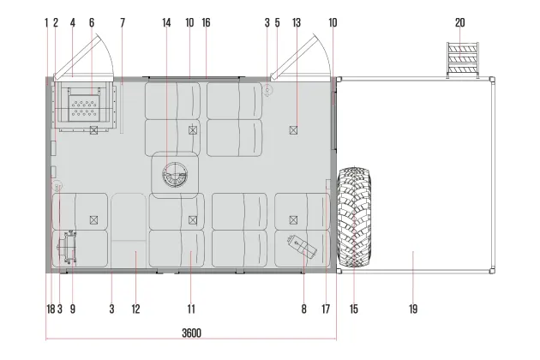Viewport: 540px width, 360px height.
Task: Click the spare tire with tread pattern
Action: click(x=354, y=217)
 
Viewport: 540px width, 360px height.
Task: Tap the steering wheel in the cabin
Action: click(x=175, y=175)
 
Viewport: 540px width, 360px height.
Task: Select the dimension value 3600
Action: click(x=191, y=333)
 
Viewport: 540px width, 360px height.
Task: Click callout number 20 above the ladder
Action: click(x=459, y=23)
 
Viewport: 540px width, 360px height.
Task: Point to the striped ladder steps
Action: click(x=463, y=60)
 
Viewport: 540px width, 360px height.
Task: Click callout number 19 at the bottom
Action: click(x=413, y=309)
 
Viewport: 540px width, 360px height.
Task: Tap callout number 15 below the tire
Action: click(x=354, y=309)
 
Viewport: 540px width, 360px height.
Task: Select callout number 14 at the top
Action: click(x=166, y=23)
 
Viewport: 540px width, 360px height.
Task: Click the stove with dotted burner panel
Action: click(x=84, y=105)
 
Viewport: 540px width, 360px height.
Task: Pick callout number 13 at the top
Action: click(x=297, y=23)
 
